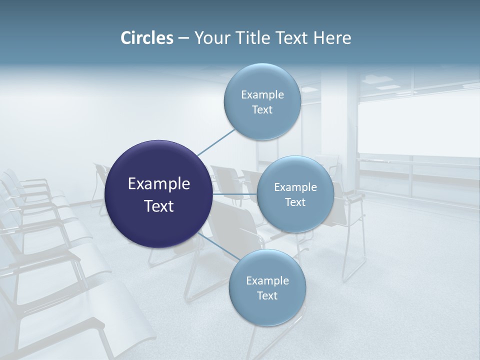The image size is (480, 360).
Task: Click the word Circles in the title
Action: [x=146, y=38]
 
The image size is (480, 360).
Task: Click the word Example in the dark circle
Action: [x=159, y=184]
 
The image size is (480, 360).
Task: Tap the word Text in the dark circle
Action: [x=159, y=206]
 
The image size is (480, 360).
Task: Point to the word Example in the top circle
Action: [x=262, y=95]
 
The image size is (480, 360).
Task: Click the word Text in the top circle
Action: [x=262, y=110]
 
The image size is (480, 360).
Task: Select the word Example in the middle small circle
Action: [x=295, y=187]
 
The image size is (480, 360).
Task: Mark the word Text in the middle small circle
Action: [x=295, y=202]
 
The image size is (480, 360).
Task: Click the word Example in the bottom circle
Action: [x=267, y=281]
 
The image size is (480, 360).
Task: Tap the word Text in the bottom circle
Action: [x=267, y=295]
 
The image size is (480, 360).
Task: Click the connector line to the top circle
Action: [x=216, y=142]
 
